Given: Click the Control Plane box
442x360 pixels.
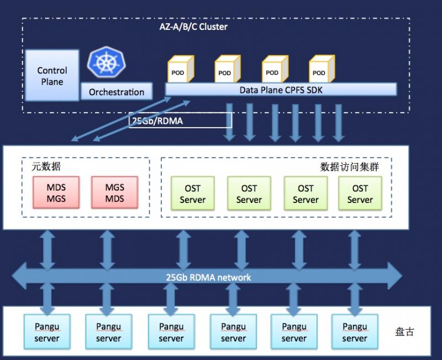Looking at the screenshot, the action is [x=52, y=75].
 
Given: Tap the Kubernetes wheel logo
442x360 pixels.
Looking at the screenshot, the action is [x=107, y=62].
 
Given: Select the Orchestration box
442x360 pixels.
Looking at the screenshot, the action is [x=117, y=91].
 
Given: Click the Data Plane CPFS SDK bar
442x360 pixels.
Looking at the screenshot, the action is [x=281, y=90].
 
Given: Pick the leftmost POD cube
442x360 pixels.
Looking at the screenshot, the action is [x=181, y=69].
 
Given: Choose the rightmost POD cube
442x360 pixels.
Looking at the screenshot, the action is [x=322, y=69].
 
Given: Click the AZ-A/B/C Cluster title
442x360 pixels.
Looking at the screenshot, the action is [x=193, y=27].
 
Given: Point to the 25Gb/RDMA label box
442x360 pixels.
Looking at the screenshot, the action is [x=181, y=121].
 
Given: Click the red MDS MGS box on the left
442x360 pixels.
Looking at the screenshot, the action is [x=56, y=192].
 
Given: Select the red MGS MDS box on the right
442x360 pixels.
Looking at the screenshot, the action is [x=115, y=192].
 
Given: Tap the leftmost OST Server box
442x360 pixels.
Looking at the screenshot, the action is [x=193, y=194].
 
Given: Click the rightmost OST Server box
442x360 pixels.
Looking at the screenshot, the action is [x=360, y=194].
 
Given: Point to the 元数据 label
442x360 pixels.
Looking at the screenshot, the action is [x=46, y=166].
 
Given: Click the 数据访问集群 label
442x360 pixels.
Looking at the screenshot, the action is [x=350, y=167].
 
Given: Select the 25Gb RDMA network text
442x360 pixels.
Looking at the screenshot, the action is [x=208, y=278].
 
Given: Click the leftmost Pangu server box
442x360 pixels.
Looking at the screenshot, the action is [x=47, y=332].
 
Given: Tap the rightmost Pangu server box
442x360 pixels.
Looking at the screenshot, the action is [x=355, y=332].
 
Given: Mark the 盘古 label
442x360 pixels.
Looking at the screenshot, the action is [x=404, y=332].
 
